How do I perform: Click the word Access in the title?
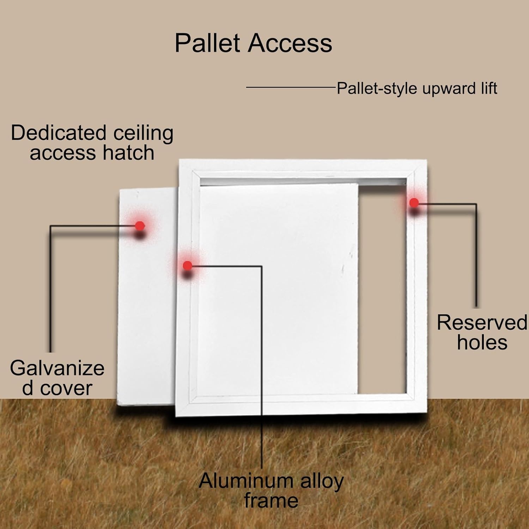click(x=290, y=43)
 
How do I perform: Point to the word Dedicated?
click(x=59, y=133)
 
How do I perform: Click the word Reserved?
click(x=482, y=322)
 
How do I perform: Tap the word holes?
click(x=482, y=342)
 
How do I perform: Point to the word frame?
click(x=271, y=501)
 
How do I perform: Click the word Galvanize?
click(x=57, y=368)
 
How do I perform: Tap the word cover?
click(x=66, y=388)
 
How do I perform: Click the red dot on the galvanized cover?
click(x=140, y=226)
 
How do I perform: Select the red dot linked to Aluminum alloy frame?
click(x=188, y=265)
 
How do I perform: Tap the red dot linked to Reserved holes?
click(x=414, y=202)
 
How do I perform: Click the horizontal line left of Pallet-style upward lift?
click(x=291, y=87)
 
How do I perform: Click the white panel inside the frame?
click(x=279, y=289)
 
